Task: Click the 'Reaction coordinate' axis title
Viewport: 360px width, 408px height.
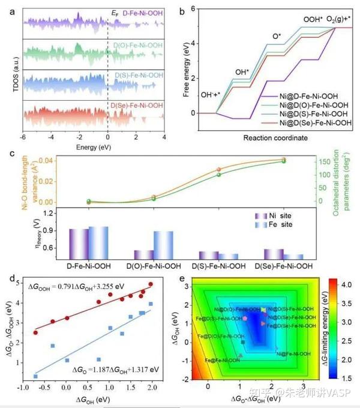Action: pyautogui.click(x=276, y=138)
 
